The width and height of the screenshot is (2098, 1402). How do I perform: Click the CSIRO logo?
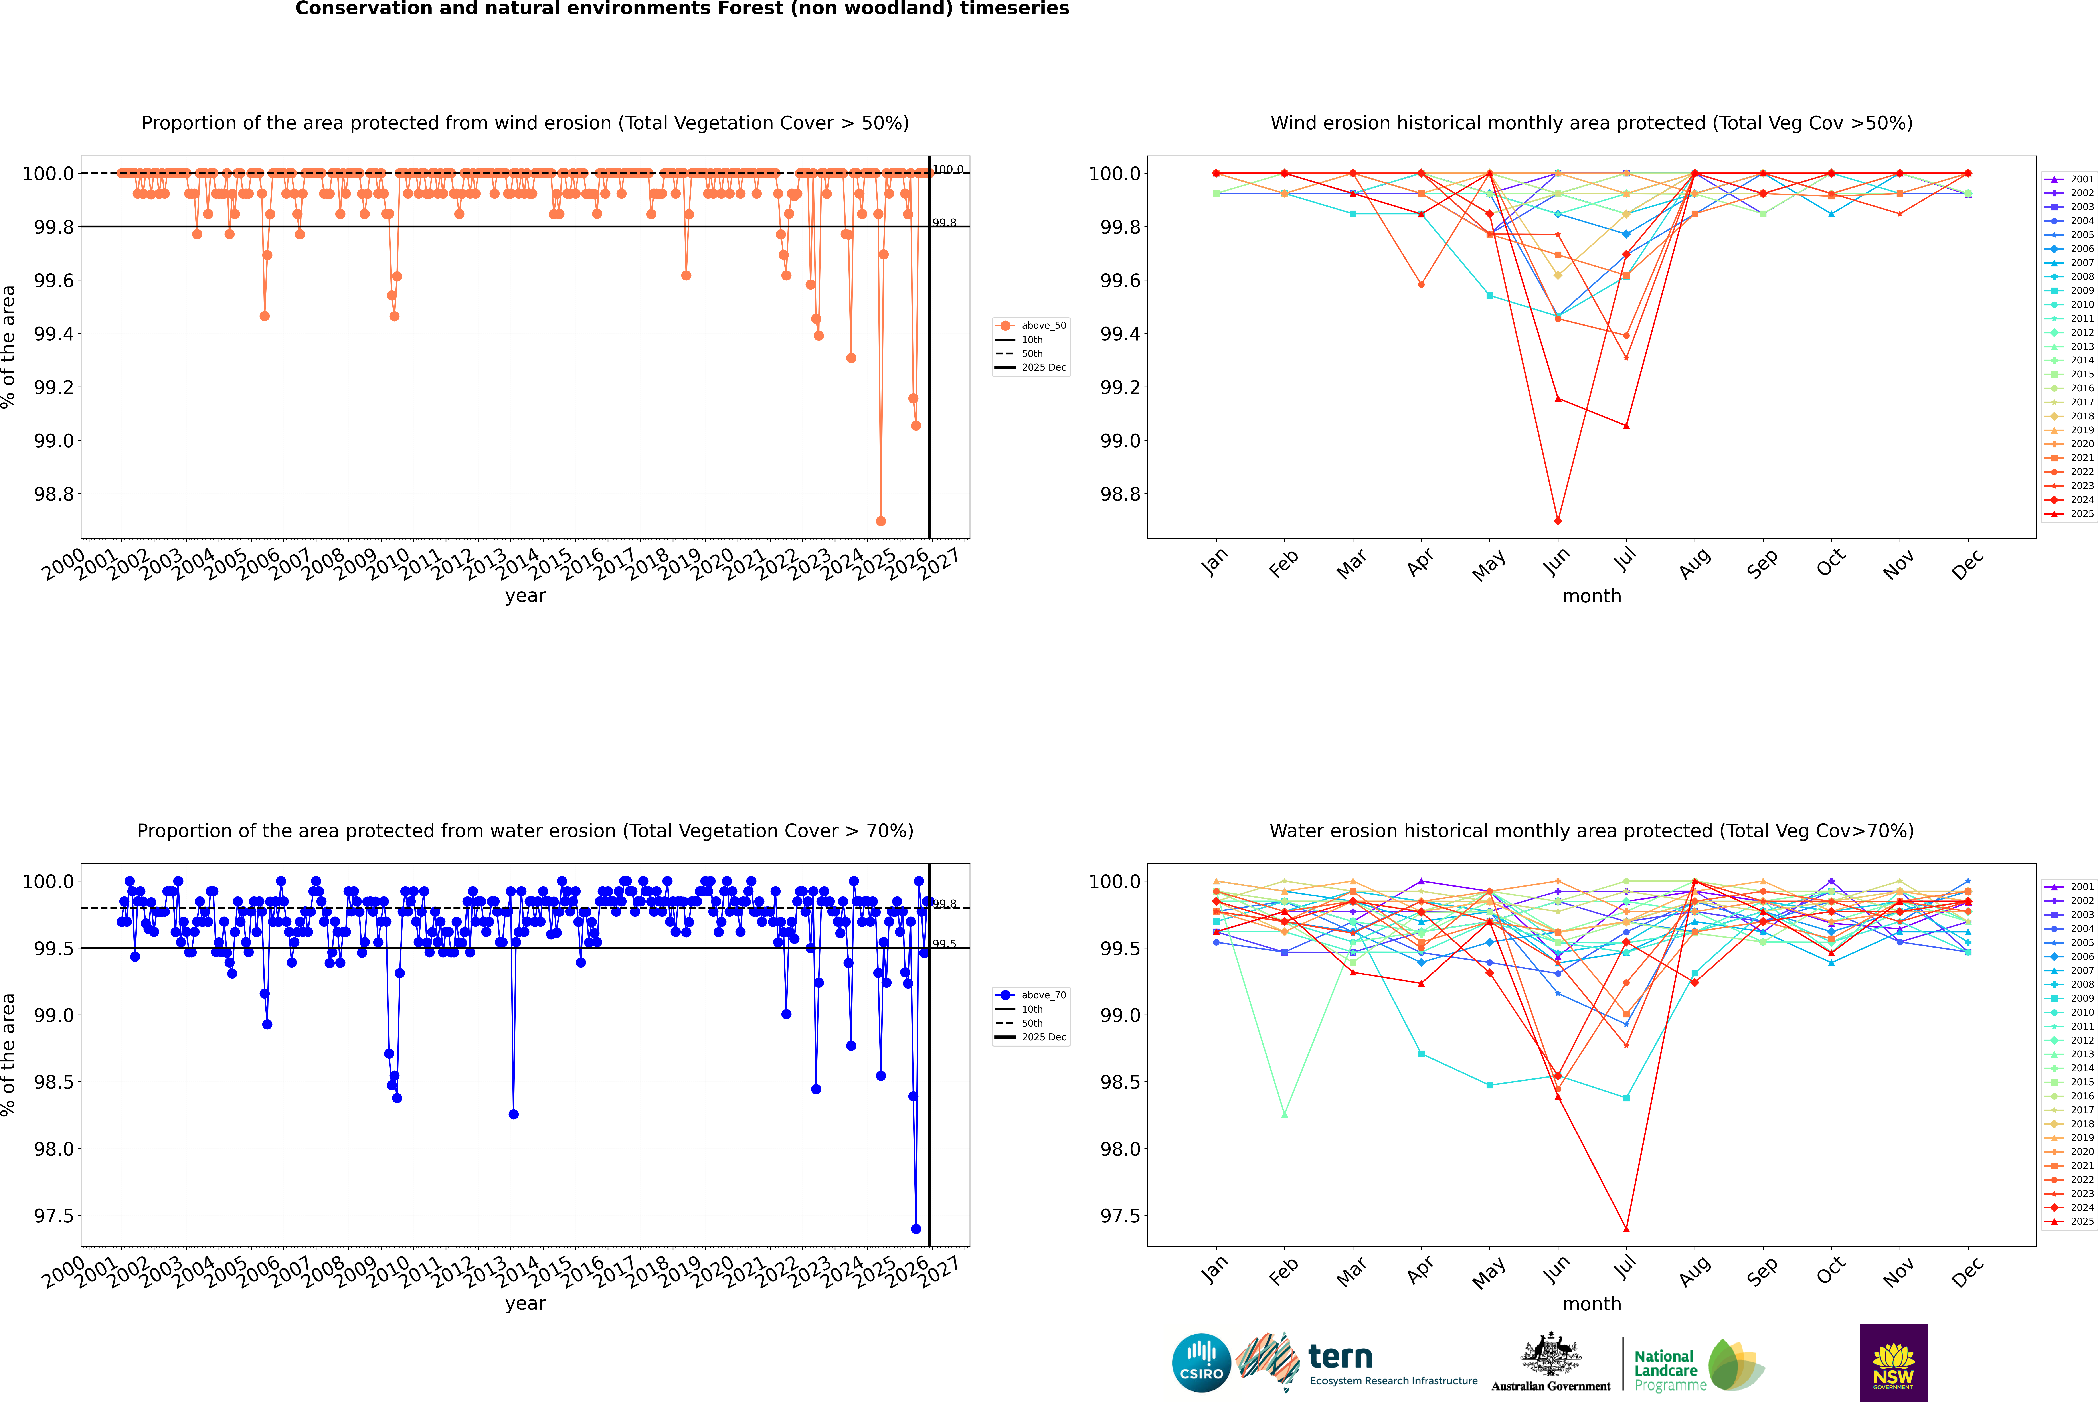coord(1201,1363)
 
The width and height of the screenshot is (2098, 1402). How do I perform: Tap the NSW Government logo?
coord(1893,1363)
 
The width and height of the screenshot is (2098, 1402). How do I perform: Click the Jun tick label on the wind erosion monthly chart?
coord(1557,561)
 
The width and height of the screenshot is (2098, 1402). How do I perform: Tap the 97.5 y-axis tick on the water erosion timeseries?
coord(54,1216)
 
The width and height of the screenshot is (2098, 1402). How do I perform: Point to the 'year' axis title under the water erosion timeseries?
coord(525,1304)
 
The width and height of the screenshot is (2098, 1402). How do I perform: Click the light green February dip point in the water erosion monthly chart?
coord(1284,1114)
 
